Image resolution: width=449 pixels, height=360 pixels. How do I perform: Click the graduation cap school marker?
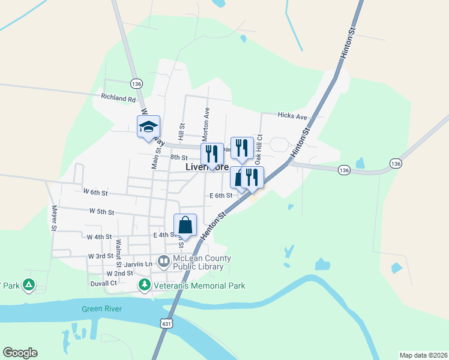148,127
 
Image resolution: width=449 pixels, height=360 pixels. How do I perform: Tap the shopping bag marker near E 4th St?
185,226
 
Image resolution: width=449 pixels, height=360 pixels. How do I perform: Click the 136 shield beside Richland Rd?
137,84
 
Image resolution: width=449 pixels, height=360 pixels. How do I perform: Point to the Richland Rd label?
118,98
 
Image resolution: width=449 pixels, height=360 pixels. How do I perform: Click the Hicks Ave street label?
292,115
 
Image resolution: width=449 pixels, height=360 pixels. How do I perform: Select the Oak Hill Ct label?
259,149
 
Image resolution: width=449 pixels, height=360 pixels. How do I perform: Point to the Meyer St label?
53,218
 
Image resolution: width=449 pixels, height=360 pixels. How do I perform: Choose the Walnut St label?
118,253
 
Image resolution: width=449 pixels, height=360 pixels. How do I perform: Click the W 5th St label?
101,212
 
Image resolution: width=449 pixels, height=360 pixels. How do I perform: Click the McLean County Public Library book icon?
163,261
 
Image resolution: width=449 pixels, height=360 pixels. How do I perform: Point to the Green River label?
102,309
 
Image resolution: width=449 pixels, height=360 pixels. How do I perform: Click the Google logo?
20,353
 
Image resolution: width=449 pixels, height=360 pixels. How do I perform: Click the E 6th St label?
221,196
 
